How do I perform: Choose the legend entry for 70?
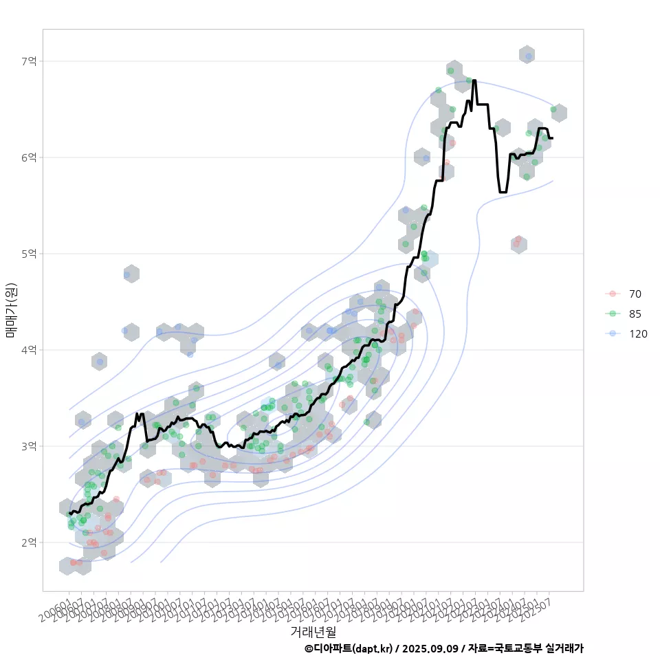(635, 294)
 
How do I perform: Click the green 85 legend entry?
(635, 313)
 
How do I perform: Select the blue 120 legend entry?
(637, 333)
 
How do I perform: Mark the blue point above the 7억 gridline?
(528, 56)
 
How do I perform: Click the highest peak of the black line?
(474, 80)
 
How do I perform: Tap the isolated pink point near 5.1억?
(518, 239)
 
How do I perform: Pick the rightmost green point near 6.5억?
(553, 109)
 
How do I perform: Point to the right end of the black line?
(553, 138)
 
